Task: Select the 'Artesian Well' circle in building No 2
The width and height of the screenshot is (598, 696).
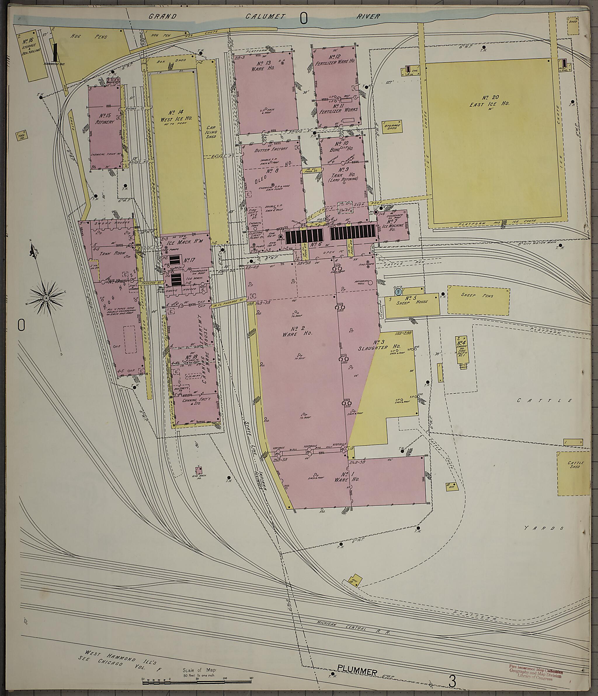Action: click(371, 283)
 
